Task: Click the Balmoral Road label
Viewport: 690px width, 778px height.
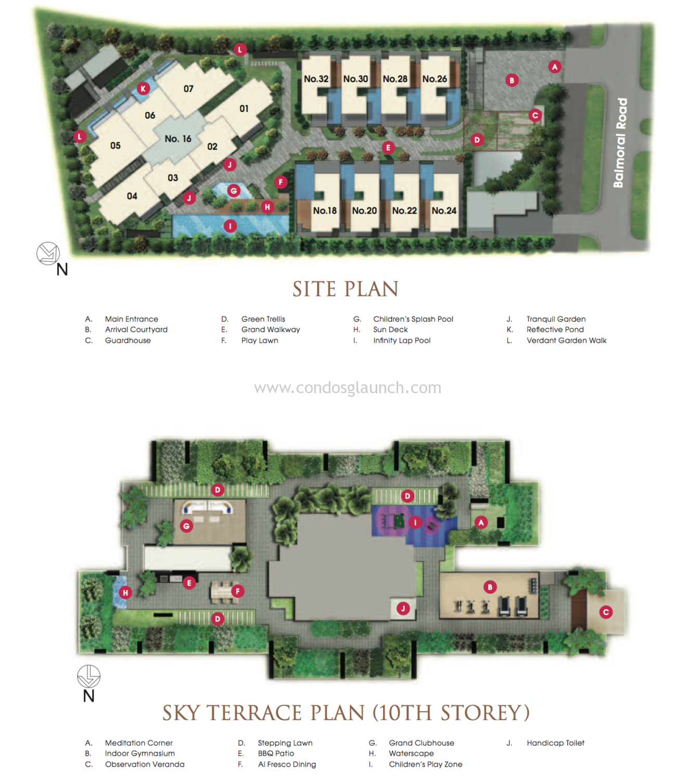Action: (620, 143)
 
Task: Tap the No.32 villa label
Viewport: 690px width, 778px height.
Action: (316, 79)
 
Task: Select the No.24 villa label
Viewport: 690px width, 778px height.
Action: (444, 211)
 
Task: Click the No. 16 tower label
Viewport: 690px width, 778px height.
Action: (177, 139)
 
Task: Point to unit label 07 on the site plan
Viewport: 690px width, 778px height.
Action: (188, 89)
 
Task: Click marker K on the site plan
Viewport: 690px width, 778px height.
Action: (143, 89)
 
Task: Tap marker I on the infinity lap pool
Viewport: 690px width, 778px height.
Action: (230, 226)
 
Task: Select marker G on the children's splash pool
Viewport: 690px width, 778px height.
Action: (233, 191)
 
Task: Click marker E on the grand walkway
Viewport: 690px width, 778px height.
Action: (388, 147)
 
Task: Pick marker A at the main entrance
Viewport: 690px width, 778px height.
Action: (554, 67)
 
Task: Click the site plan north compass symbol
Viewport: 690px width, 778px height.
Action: (48, 254)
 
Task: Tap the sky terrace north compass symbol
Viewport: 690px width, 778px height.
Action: (88, 676)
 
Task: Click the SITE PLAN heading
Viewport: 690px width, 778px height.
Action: (346, 289)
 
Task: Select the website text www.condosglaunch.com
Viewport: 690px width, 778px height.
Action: (348, 387)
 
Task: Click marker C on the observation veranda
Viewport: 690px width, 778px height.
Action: (606, 612)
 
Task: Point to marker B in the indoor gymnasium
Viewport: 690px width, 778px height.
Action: (490, 587)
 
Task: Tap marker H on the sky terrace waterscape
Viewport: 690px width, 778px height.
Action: (125, 593)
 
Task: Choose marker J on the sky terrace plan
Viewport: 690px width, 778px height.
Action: (403, 608)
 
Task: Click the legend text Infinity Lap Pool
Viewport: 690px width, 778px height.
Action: (402, 341)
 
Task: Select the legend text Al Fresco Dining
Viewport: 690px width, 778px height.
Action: (287, 764)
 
